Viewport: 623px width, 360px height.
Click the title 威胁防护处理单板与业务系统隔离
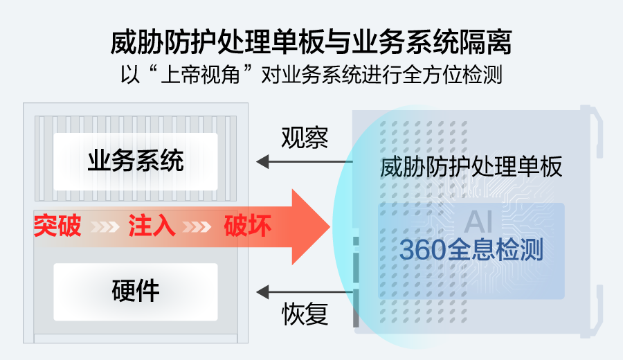(311, 43)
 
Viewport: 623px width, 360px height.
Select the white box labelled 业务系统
(136, 161)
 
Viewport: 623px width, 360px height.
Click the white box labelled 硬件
(136, 291)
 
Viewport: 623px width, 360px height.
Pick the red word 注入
(152, 226)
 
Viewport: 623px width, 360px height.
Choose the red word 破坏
(247, 226)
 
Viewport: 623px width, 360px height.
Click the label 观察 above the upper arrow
(305, 138)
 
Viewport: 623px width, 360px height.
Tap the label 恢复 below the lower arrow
(305, 315)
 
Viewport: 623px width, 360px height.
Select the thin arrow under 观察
(305, 162)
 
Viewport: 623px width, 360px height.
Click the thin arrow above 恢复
(305, 291)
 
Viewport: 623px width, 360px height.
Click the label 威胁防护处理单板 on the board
(471, 168)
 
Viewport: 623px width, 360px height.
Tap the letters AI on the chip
(478, 222)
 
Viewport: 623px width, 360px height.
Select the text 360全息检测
(471, 250)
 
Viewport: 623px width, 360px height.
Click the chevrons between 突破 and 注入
(105, 226)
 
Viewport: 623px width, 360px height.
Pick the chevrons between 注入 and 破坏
(199, 226)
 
